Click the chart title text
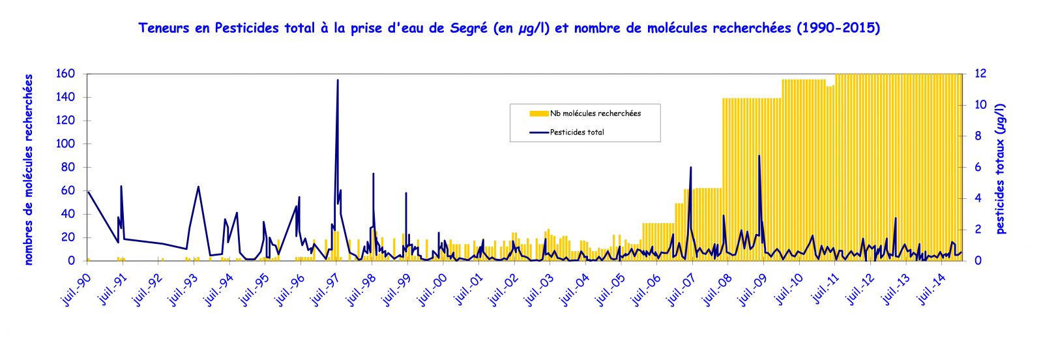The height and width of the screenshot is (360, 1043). pos(509,28)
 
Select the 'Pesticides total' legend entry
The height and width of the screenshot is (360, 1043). pos(576,132)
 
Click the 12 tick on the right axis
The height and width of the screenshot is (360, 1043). pos(980,74)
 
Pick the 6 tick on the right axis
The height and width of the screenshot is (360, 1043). pos(977,168)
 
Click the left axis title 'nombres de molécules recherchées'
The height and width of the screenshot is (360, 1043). pos(29,170)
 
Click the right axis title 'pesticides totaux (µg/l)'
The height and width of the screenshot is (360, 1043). pos(1001,168)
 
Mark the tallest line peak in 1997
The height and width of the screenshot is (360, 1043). pos(338,80)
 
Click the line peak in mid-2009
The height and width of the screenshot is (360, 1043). pos(759,156)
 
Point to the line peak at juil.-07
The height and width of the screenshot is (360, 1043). pos(690,168)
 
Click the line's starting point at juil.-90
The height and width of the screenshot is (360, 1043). pos(88,191)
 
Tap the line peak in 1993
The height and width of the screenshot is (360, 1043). pos(198,187)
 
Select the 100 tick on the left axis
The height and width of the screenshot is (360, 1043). pos(67,144)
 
